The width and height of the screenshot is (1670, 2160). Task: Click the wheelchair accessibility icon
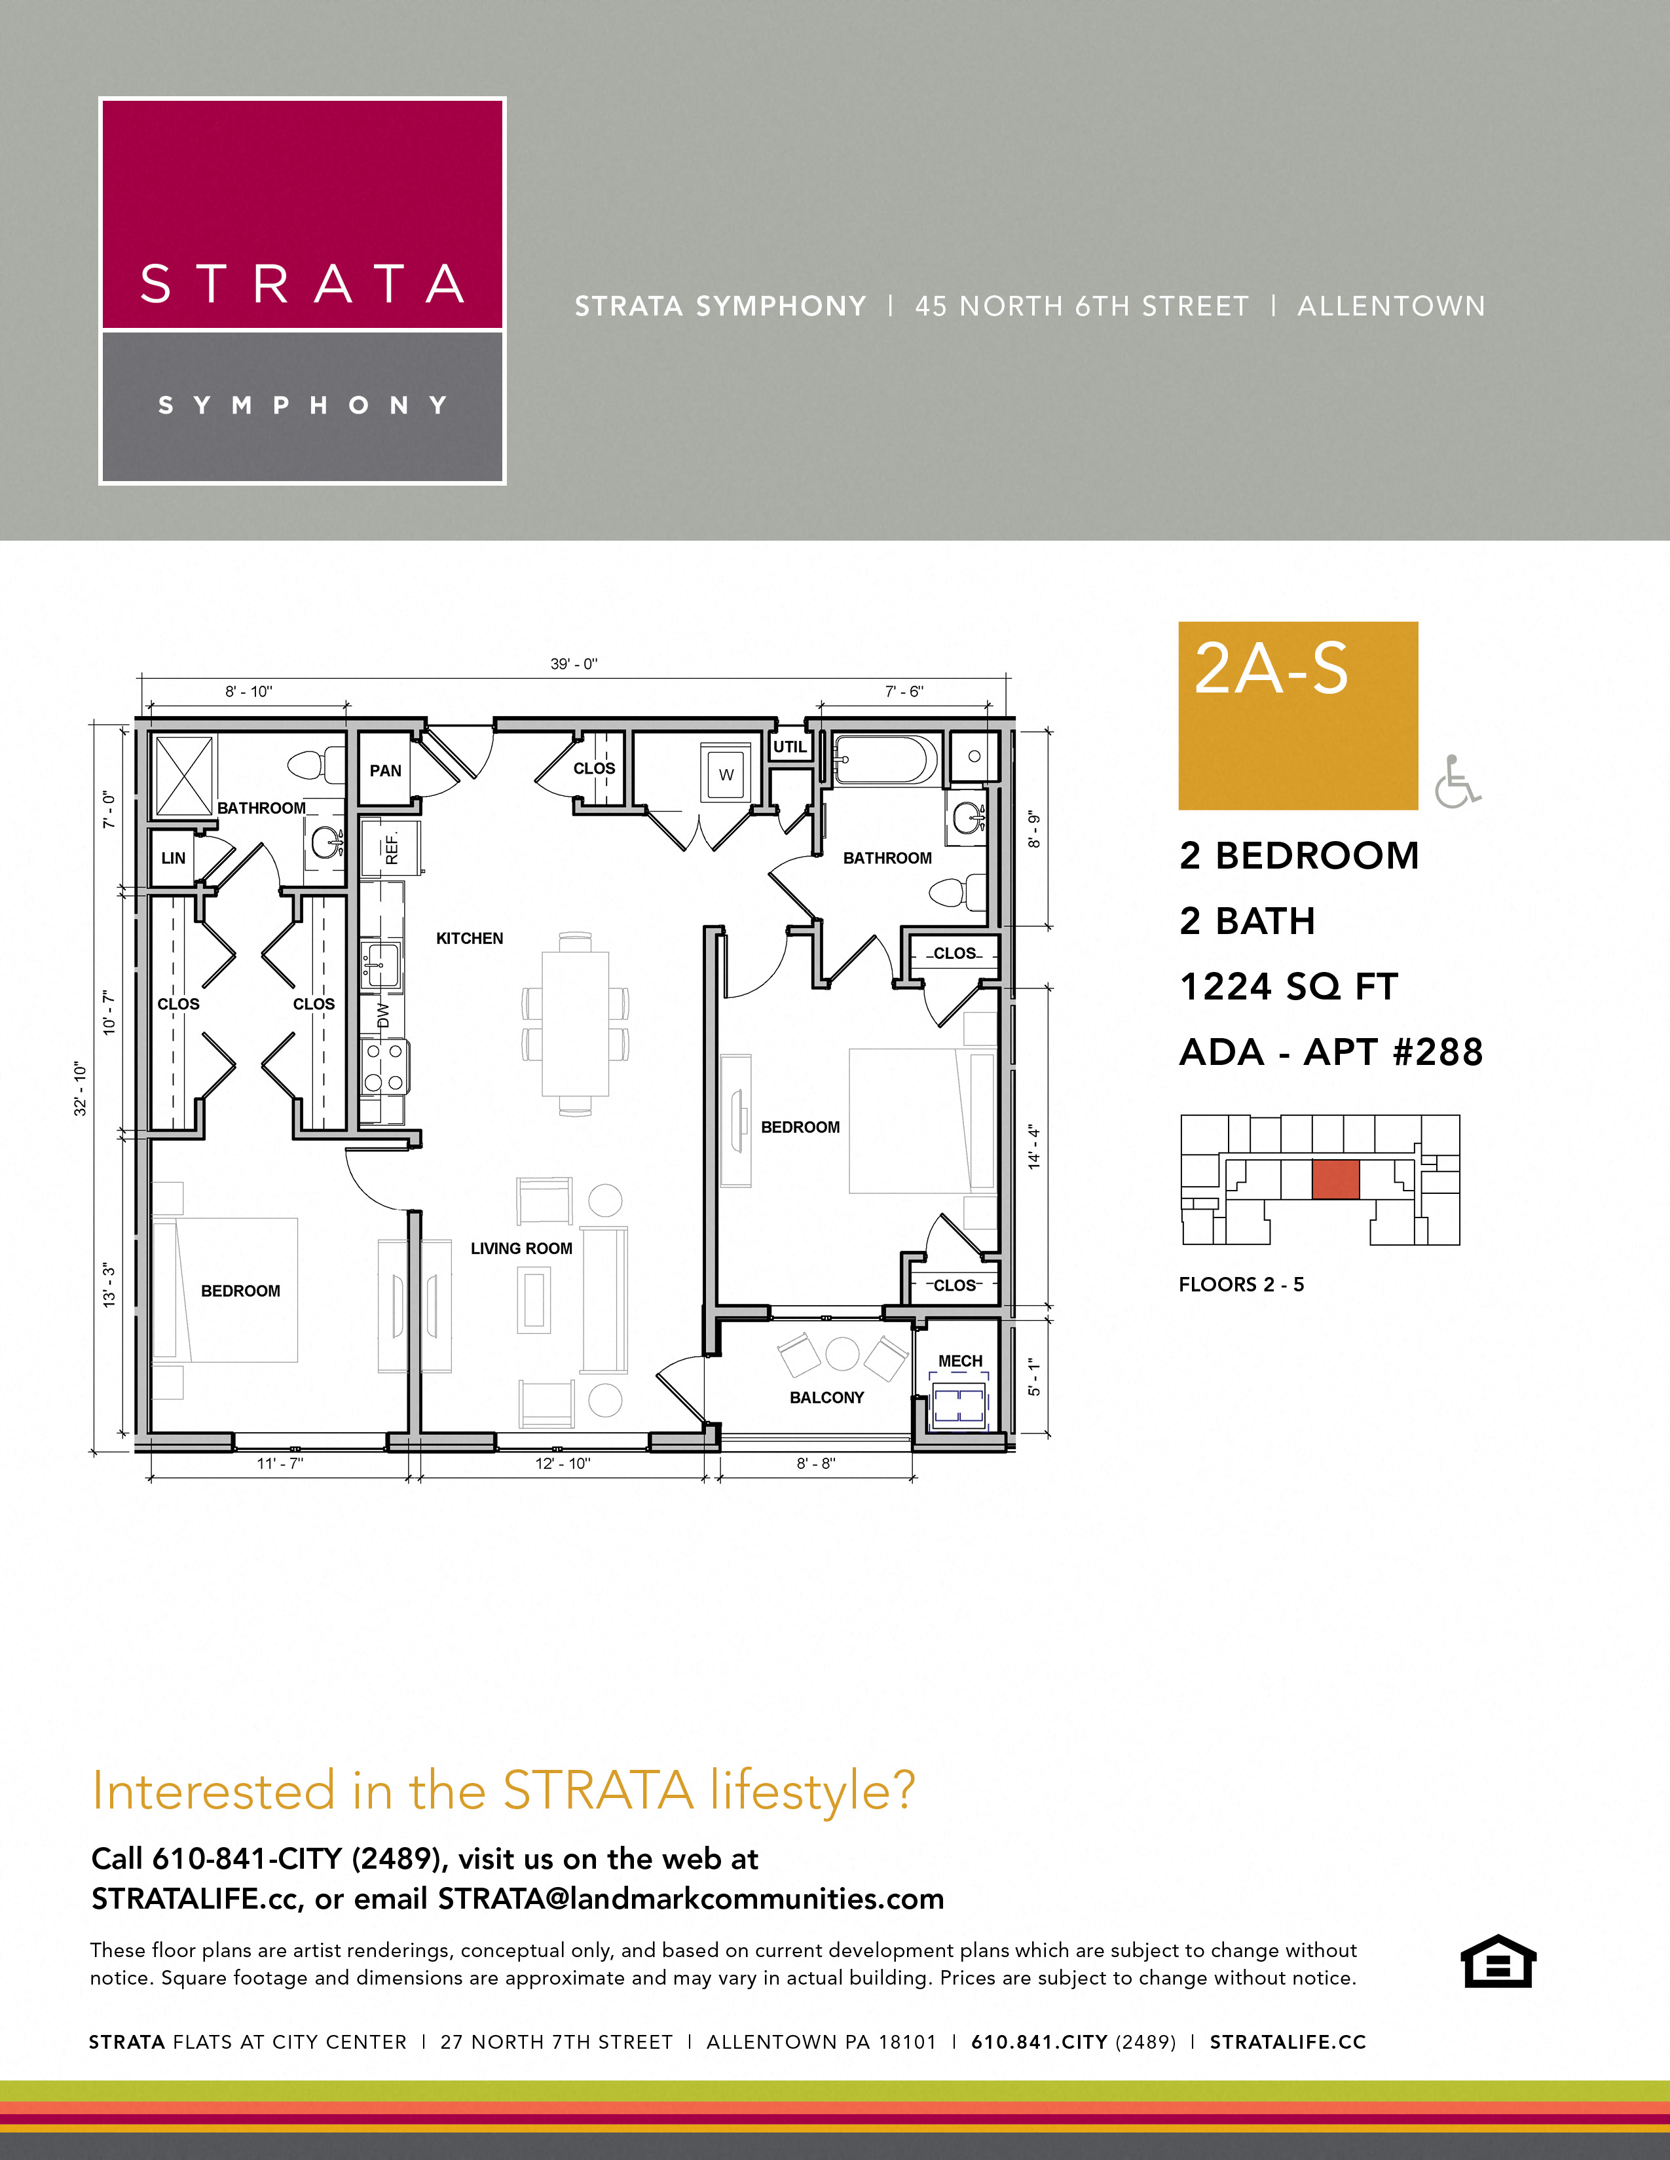[1457, 782]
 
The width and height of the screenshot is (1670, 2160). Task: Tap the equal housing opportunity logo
[1498, 1960]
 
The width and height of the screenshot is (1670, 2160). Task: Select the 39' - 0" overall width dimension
[574, 664]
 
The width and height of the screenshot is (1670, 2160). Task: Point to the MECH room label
[959, 1361]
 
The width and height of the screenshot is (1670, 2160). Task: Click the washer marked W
[726, 774]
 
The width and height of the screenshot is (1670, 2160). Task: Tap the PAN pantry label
[385, 770]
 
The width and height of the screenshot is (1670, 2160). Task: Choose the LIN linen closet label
[173, 857]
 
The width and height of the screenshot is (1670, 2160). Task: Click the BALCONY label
[826, 1397]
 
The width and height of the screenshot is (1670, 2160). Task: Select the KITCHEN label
[469, 937]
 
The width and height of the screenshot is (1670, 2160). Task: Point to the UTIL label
[790, 747]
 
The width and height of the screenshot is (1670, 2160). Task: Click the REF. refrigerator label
[392, 848]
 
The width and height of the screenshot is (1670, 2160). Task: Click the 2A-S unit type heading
[1271, 670]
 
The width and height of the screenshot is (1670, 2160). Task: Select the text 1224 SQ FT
[1288, 986]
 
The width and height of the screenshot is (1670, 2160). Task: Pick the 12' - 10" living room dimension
[562, 1463]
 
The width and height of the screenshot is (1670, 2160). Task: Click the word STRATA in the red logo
[302, 284]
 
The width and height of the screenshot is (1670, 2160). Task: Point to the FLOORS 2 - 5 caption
[1240, 1284]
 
